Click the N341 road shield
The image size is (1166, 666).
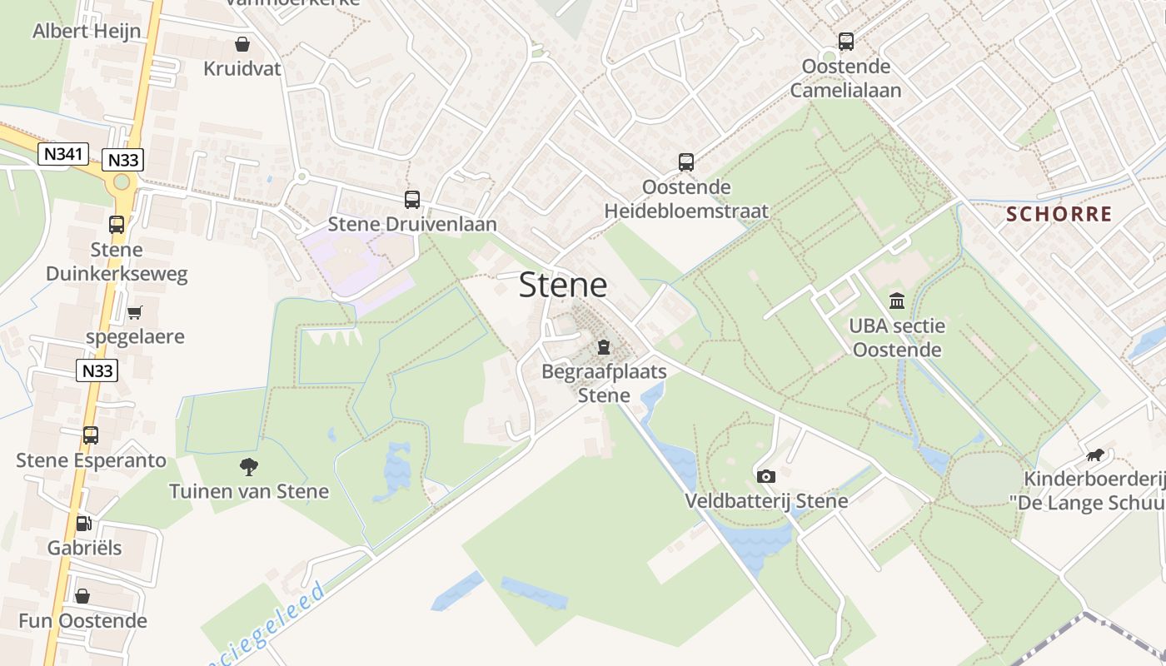(63, 154)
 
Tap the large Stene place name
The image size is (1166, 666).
(563, 286)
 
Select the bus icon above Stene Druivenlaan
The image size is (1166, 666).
(412, 200)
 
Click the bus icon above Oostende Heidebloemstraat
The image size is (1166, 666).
(686, 162)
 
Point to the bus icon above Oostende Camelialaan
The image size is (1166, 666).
(846, 41)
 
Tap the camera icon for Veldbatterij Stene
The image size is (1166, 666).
(766, 476)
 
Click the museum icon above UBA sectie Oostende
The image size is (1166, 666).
(897, 301)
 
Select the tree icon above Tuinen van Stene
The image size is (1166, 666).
(248, 467)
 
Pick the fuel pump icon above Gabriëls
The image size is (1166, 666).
(83, 524)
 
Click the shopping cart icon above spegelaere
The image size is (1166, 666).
(134, 313)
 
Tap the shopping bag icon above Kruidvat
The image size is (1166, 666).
(242, 44)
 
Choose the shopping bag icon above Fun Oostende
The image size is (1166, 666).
(82, 596)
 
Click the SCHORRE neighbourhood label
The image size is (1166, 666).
(1059, 214)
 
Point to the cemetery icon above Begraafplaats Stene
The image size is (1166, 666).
(604, 347)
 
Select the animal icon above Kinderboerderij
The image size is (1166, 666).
(1094, 455)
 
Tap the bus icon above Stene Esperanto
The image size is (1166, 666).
(91, 435)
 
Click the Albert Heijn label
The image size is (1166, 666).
(86, 32)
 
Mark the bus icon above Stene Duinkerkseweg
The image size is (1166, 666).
(117, 225)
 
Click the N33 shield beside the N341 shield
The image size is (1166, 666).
(122, 160)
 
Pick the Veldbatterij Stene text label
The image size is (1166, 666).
(766, 500)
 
